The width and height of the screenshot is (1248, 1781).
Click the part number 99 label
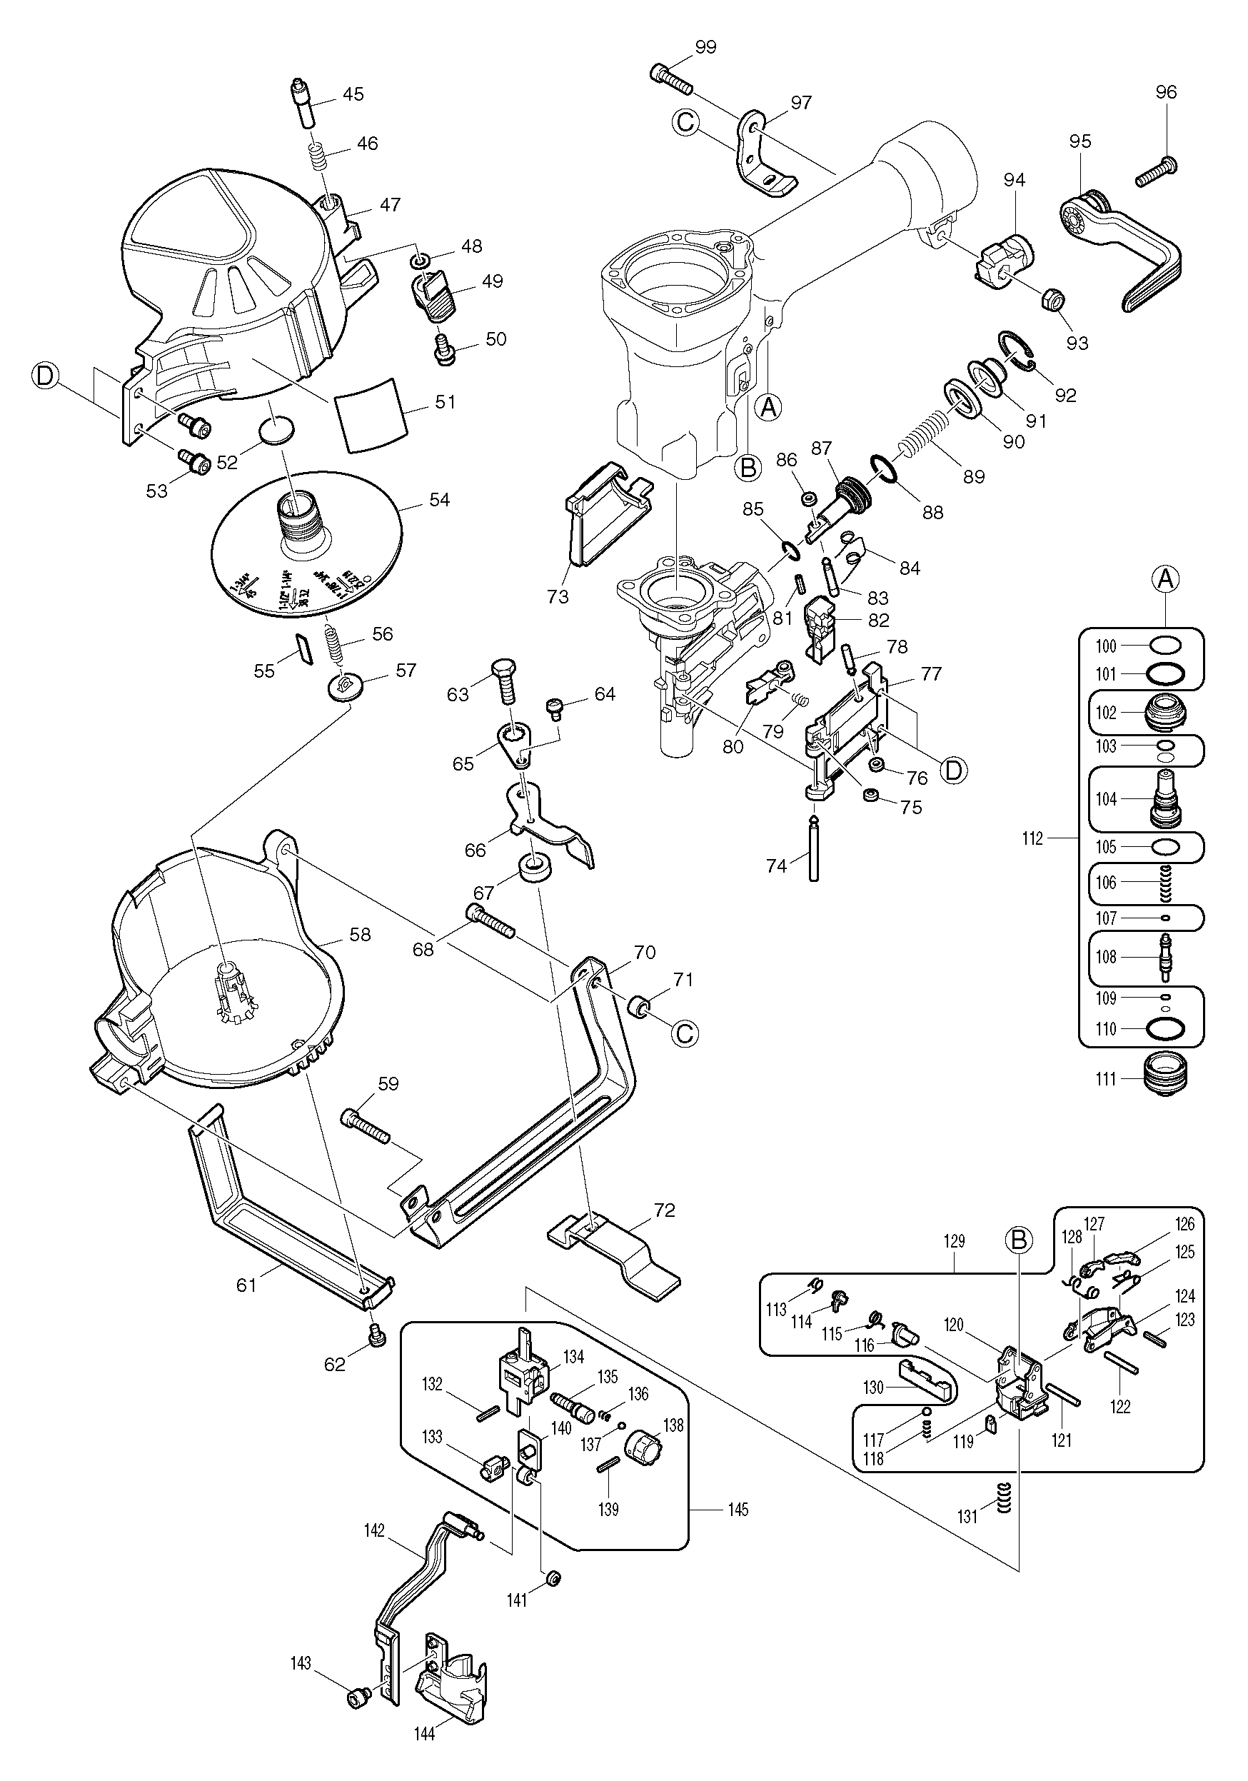[x=706, y=47]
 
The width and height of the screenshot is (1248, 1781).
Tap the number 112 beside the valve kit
[x=1032, y=838]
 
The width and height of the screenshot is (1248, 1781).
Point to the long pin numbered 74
[x=813, y=851]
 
